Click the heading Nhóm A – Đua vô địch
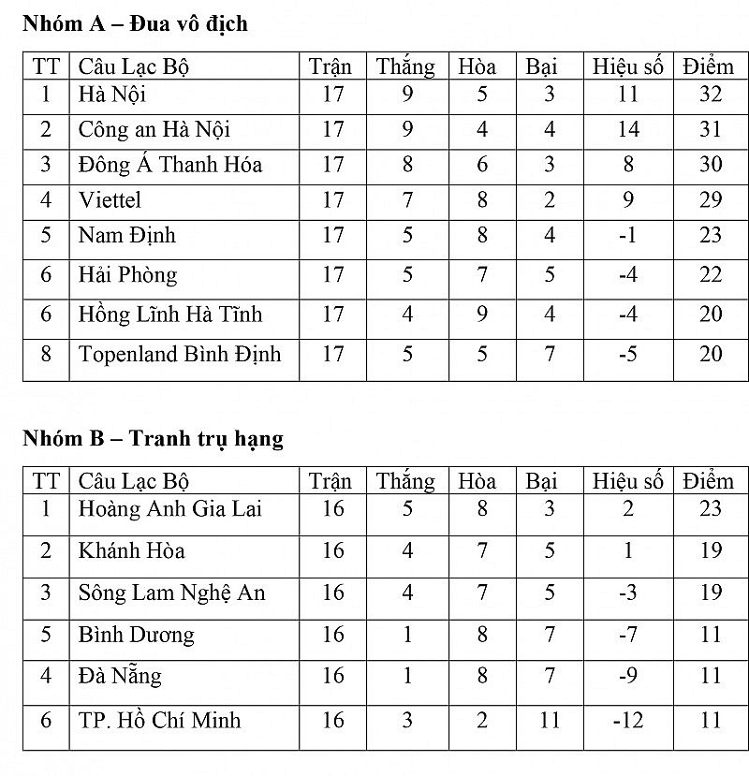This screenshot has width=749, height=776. [135, 24]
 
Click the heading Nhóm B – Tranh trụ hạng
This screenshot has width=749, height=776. [153, 438]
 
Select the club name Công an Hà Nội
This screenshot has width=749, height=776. [154, 129]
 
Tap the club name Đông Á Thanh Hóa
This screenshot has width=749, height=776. [170, 165]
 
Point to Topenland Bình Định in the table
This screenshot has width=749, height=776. [180, 354]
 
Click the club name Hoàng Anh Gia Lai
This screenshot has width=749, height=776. [170, 508]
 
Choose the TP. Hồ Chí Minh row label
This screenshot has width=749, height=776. [160, 720]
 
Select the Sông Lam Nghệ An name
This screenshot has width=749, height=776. [172, 593]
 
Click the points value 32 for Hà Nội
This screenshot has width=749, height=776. [711, 95]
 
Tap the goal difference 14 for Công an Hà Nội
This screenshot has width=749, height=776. [628, 129]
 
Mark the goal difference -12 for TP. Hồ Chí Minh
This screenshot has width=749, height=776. [628, 720]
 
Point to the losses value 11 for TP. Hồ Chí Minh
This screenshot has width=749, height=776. [550, 720]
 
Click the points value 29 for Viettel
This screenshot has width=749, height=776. [711, 200]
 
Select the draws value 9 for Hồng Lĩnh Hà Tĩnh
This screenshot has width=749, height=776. [482, 315]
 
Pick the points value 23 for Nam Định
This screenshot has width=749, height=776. [711, 236]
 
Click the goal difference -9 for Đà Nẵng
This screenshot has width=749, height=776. [628, 676]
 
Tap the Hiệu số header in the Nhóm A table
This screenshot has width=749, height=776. [627, 66]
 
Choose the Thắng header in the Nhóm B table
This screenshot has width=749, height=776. [405, 481]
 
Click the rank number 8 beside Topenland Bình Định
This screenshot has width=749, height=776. [46, 354]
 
